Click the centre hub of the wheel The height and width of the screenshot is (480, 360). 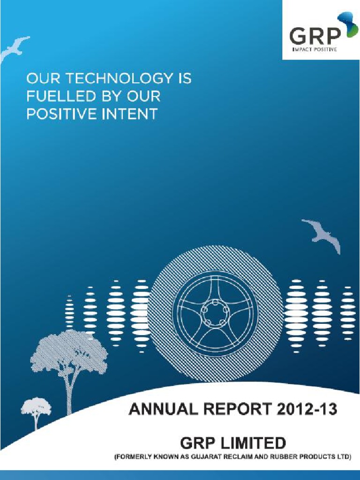[215, 310]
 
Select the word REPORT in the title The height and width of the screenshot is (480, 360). [230, 410]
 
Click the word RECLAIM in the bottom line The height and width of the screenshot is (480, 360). [241, 457]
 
